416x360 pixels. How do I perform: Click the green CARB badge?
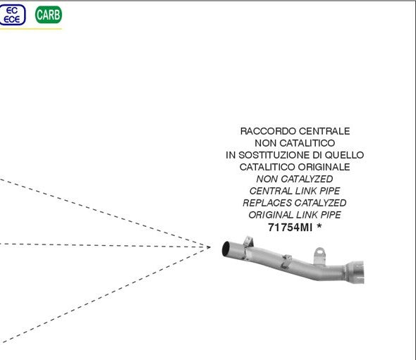tap(48, 15)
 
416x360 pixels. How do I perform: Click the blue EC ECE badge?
tap(12, 15)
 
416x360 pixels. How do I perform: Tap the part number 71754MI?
tap(290, 227)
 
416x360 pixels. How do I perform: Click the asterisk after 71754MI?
tap(319, 226)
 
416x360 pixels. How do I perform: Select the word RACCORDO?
tap(268, 131)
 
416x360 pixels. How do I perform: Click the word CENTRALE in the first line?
tap(324, 131)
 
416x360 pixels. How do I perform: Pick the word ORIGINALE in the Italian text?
tap(324, 167)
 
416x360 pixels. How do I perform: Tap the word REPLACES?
tap(267, 203)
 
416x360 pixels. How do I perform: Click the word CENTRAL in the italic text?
tap(271, 191)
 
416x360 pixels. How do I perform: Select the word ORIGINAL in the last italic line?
tap(271, 215)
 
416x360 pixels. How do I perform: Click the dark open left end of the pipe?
tap(226, 249)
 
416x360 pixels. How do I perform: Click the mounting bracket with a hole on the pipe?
tap(319, 255)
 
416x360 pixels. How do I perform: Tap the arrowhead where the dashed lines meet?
tap(209, 247)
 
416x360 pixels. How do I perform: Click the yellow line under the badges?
tap(31, 29)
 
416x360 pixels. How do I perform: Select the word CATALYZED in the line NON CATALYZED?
tap(307, 179)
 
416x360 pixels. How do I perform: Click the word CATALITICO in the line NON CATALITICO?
tap(307, 143)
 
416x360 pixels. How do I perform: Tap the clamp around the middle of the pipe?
tap(286, 261)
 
